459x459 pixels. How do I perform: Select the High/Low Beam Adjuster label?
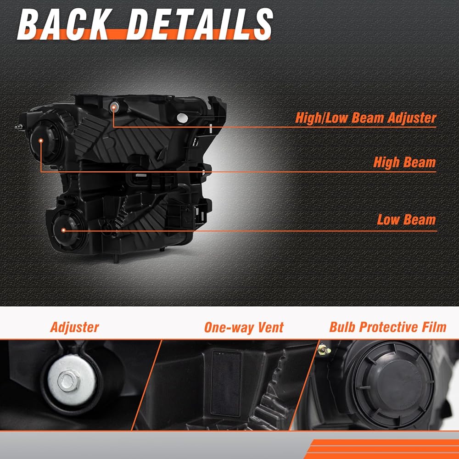tap(366, 118)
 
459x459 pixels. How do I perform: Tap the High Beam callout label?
tap(404, 162)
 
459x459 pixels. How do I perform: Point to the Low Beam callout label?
tap(406, 219)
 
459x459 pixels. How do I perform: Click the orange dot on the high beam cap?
tap(41, 141)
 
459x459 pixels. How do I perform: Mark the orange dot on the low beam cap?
tap(63, 230)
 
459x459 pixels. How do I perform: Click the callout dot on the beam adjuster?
tap(113, 107)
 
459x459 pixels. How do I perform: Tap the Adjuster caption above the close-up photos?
tap(75, 327)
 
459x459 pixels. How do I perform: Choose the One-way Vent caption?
tap(244, 327)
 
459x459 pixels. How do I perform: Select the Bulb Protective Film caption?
tap(388, 327)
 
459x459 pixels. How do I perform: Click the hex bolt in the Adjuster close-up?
tap(68, 381)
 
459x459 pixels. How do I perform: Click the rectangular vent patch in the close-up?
tap(227, 383)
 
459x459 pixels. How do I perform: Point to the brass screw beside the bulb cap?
tap(325, 349)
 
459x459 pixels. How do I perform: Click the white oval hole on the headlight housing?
tap(182, 118)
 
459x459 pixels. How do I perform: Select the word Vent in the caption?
tap(270, 327)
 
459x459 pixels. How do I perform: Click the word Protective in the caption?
tap(388, 327)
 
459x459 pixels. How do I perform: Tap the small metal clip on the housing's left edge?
tap(19, 127)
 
